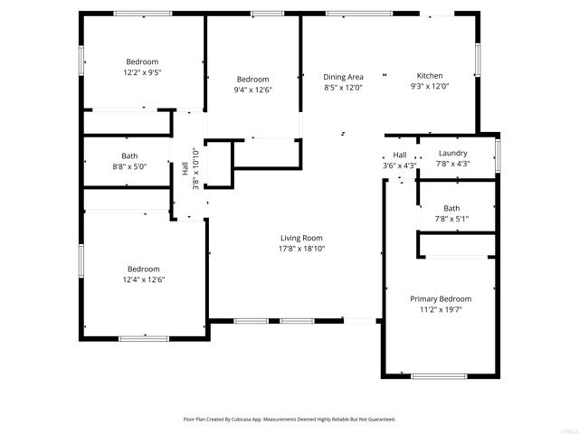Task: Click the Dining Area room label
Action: [343, 77]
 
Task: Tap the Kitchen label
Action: [429, 76]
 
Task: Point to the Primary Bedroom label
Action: [441, 298]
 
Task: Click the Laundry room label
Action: [451, 154]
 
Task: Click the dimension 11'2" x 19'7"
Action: [441, 309]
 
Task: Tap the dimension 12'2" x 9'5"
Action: [142, 72]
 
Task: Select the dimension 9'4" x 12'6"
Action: [252, 90]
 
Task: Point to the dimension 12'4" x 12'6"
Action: [143, 279]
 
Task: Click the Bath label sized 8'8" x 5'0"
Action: [129, 156]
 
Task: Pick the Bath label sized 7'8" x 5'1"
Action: [451, 209]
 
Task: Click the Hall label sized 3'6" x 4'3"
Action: [399, 156]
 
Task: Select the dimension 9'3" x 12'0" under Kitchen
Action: [429, 87]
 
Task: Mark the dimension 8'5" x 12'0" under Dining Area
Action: [343, 88]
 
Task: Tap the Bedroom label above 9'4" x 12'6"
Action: [252, 80]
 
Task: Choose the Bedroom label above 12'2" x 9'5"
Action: [142, 61]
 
